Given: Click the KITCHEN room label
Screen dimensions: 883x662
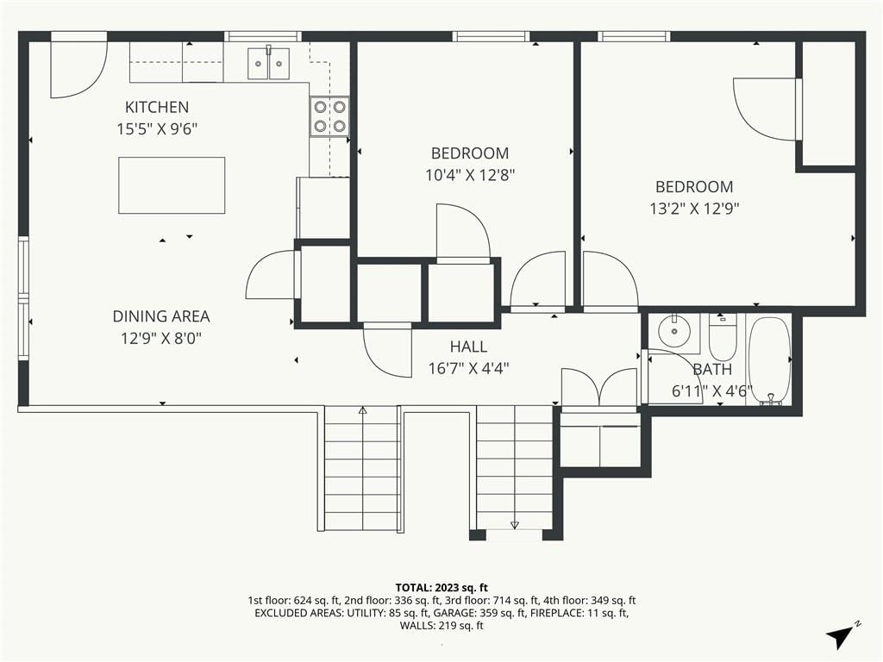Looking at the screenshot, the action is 157,107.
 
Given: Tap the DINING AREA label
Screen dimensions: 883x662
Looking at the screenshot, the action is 161,316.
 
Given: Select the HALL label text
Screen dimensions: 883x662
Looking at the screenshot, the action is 468,347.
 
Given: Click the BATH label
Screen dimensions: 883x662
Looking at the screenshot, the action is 712,369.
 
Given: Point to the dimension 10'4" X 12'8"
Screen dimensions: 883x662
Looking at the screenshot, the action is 470,175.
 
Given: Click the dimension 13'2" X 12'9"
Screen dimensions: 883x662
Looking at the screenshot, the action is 694,209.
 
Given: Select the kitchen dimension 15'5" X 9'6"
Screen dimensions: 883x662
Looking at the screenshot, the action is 157,129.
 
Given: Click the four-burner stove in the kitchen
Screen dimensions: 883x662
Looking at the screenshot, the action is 329,116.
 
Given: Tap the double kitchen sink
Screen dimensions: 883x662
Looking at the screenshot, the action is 269,63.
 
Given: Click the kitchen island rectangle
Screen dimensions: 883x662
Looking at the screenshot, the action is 172,185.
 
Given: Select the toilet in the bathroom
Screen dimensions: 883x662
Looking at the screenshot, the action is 723,337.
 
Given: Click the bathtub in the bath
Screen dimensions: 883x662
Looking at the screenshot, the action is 769,360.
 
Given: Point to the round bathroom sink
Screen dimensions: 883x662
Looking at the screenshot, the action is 673,332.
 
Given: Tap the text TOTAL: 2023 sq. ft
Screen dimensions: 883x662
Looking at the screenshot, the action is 441,588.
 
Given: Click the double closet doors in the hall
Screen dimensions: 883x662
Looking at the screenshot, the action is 600,388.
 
